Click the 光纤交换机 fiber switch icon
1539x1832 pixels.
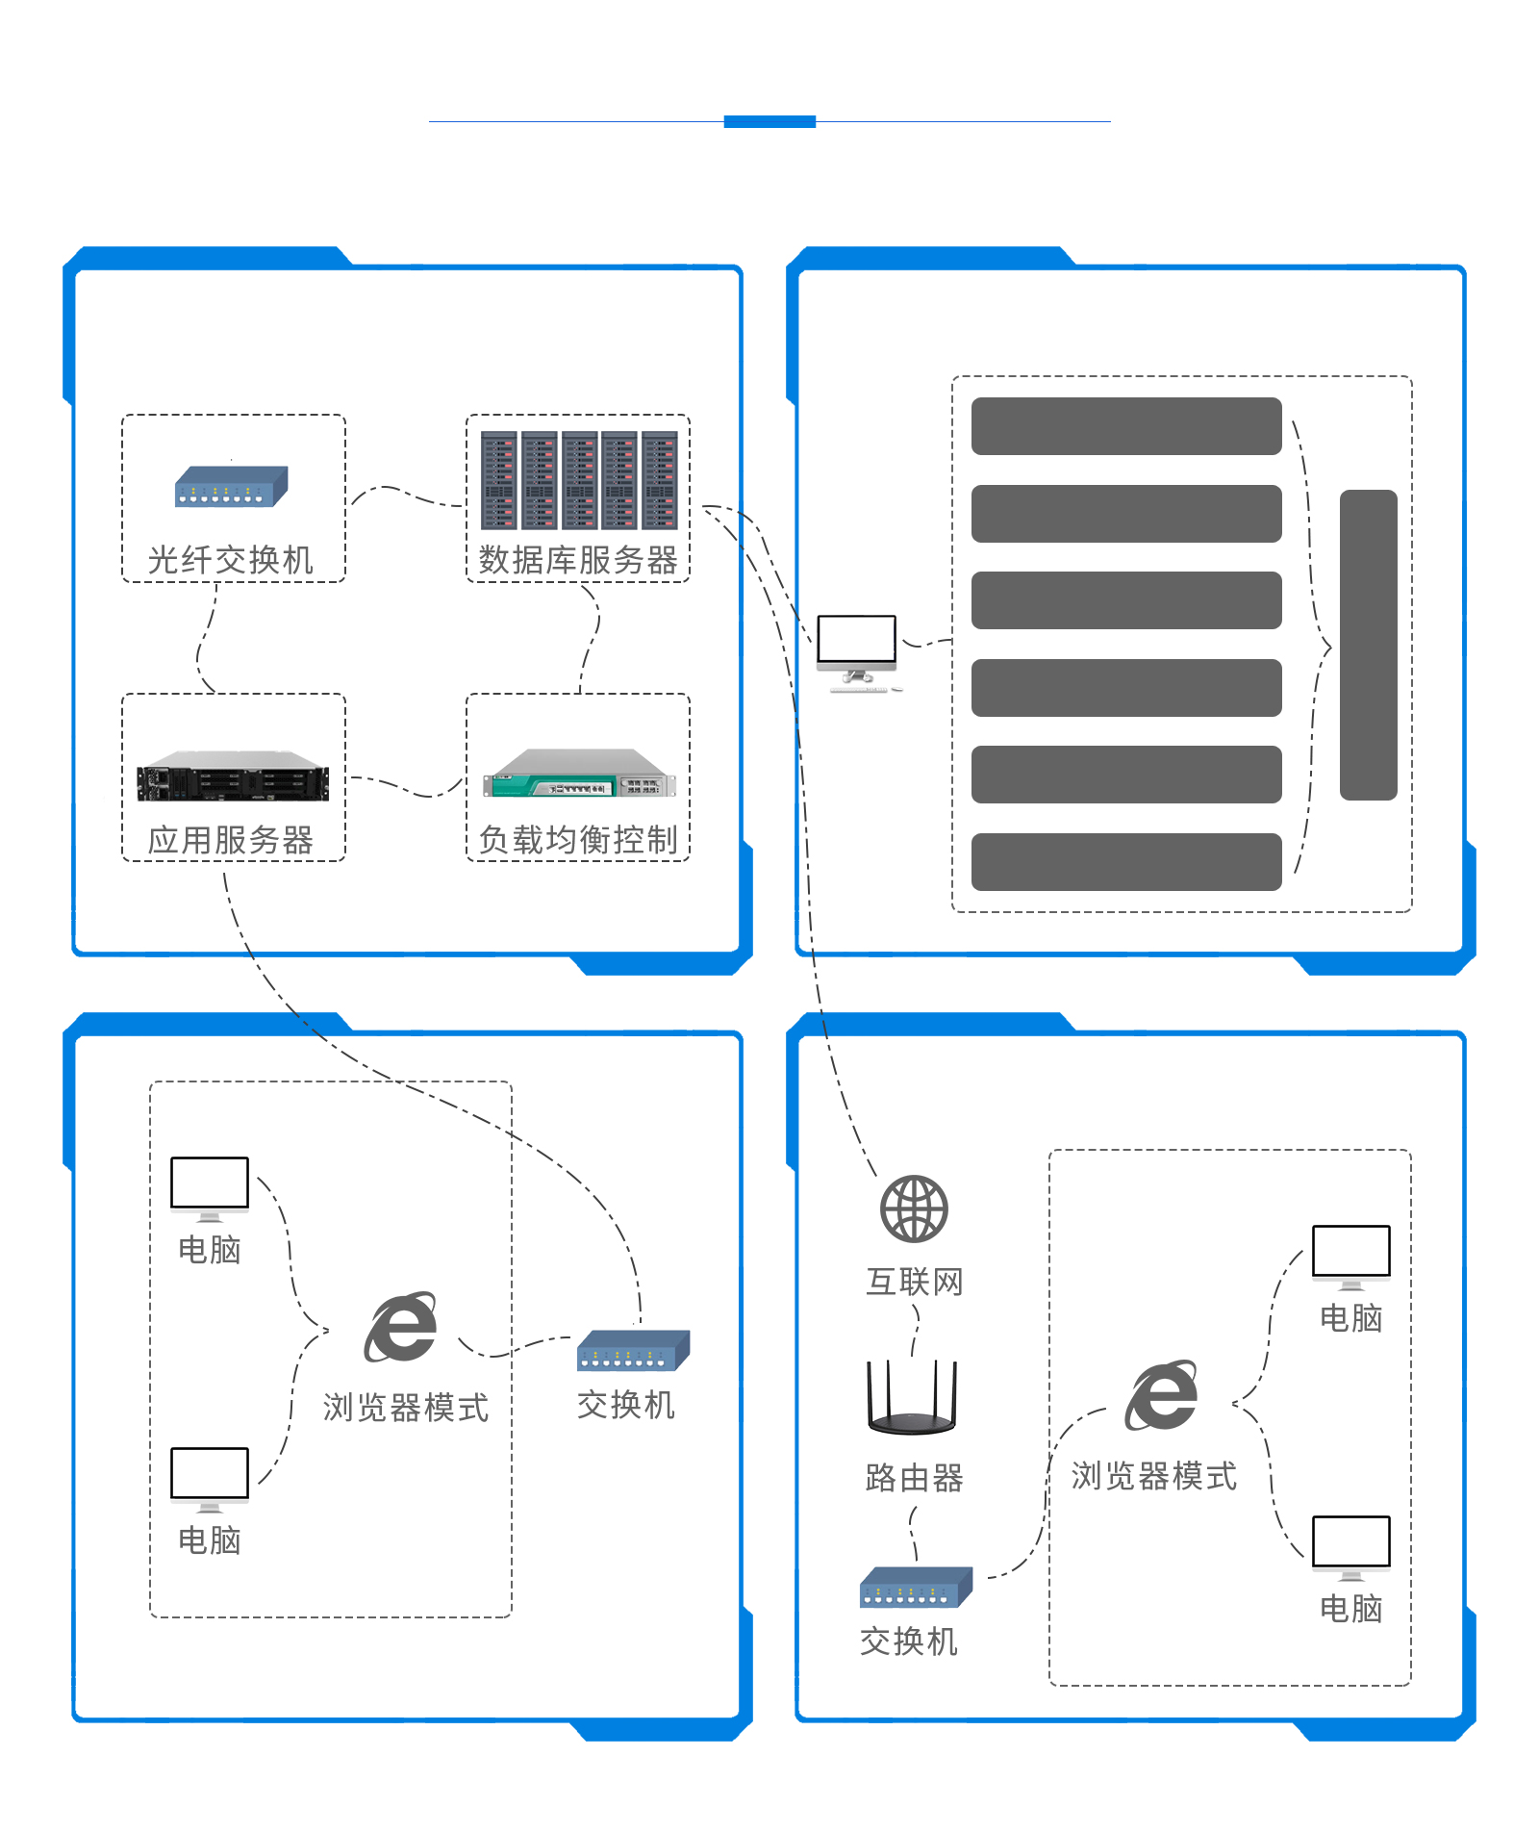(x=231, y=486)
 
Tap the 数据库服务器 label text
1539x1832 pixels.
(x=578, y=560)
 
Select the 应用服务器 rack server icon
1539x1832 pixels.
(x=233, y=776)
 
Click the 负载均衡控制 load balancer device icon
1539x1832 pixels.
(x=579, y=775)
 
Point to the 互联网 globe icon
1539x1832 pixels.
(x=914, y=1209)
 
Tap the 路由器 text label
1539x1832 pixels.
(x=914, y=1478)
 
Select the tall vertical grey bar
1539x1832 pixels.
(x=1368, y=645)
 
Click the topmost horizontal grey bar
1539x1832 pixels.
(x=1126, y=426)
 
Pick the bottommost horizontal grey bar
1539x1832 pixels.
(x=1126, y=862)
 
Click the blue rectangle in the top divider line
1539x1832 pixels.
(x=769, y=121)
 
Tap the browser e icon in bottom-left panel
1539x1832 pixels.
(x=401, y=1328)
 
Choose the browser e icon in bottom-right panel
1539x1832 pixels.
(x=1162, y=1396)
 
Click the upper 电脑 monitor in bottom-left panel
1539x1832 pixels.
(x=210, y=1186)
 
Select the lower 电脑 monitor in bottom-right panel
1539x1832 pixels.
(x=1351, y=1545)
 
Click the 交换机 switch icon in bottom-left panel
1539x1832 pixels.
(x=633, y=1351)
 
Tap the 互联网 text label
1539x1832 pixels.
(x=914, y=1282)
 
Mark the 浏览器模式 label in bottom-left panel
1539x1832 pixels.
(x=406, y=1408)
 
